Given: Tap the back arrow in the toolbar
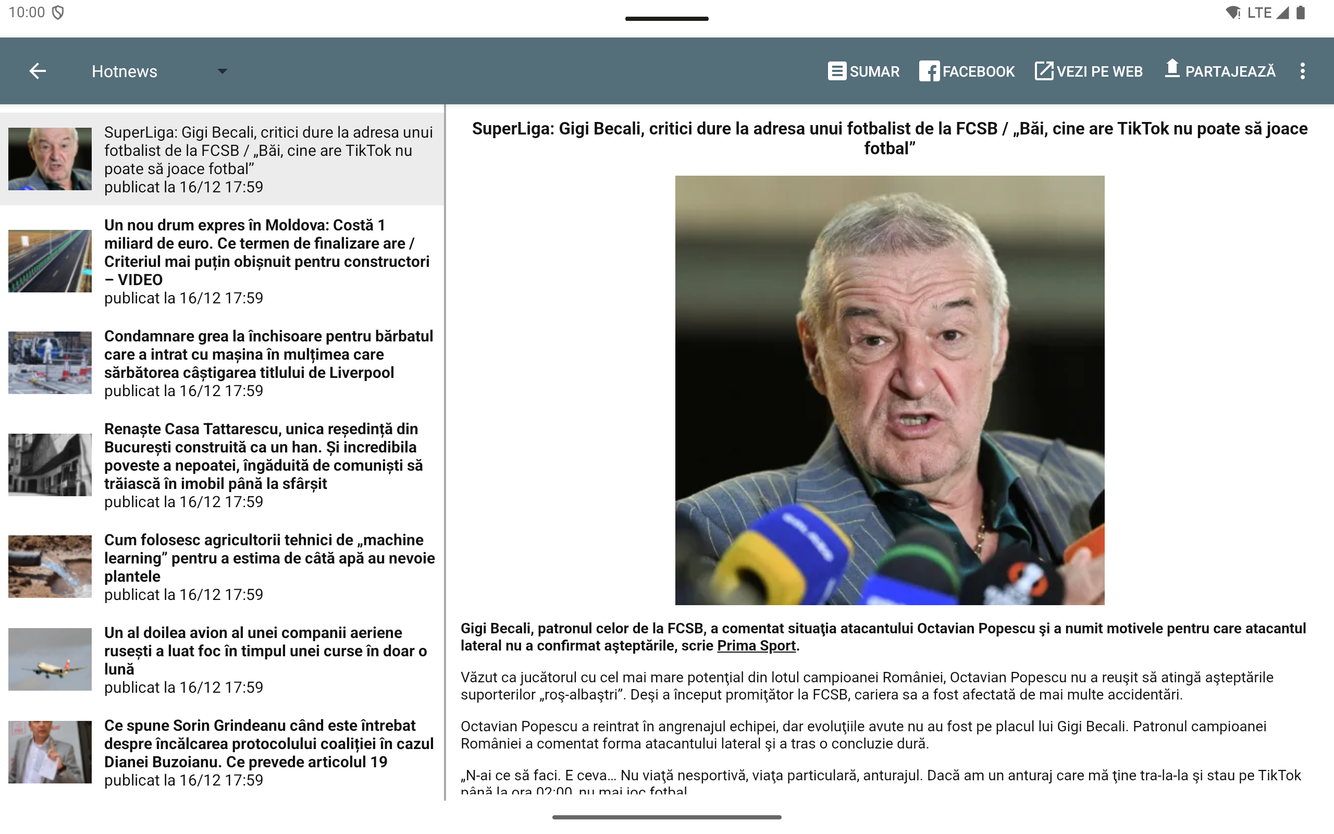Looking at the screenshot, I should click(38, 71).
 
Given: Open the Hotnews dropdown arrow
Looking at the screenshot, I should click(222, 71).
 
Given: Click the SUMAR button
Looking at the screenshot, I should click(863, 71).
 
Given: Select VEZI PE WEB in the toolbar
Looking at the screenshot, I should click(1089, 71).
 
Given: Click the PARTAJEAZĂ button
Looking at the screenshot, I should click(1220, 71).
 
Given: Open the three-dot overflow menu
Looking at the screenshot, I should click(1302, 71).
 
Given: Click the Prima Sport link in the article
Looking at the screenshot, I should click(756, 646).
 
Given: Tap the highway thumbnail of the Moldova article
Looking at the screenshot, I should click(50, 261).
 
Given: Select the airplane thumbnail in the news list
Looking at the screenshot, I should click(50, 660).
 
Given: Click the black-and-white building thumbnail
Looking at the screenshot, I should click(50, 465).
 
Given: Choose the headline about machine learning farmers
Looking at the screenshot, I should click(269, 558).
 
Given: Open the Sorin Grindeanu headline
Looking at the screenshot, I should click(269, 743).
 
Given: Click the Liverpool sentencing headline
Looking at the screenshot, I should click(268, 354).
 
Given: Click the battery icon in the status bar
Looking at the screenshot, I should click(1301, 13).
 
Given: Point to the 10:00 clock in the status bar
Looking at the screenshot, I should click(27, 13).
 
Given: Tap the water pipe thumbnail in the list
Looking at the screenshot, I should click(50, 567).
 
